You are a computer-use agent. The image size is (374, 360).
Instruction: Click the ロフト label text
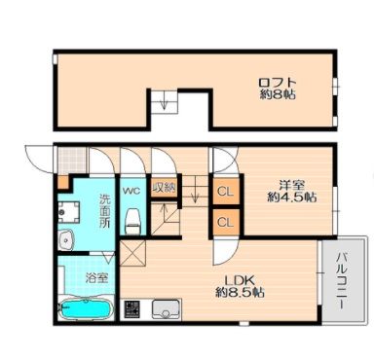(278, 82)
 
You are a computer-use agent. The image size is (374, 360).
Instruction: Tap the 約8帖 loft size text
(278, 94)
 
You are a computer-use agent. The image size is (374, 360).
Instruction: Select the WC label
(131, 191)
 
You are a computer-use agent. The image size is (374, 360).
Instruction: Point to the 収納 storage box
(165, 188)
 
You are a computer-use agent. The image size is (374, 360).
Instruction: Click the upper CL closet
(226, 192)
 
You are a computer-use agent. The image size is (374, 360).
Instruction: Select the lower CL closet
(226, 222)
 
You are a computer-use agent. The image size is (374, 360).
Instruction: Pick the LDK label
(237, 280)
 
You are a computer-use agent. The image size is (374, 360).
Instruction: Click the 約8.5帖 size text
(240, 293)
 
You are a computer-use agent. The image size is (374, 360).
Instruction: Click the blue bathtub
(86, 309)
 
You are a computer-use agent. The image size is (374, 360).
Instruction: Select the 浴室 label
(96, 278)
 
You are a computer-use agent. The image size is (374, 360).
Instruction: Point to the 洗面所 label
(104, 210)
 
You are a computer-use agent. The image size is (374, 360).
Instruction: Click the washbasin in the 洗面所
(66, 240)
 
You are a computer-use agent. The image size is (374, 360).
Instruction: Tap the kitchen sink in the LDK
(166, 309)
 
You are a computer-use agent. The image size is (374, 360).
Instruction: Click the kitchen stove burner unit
(132, 309)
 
